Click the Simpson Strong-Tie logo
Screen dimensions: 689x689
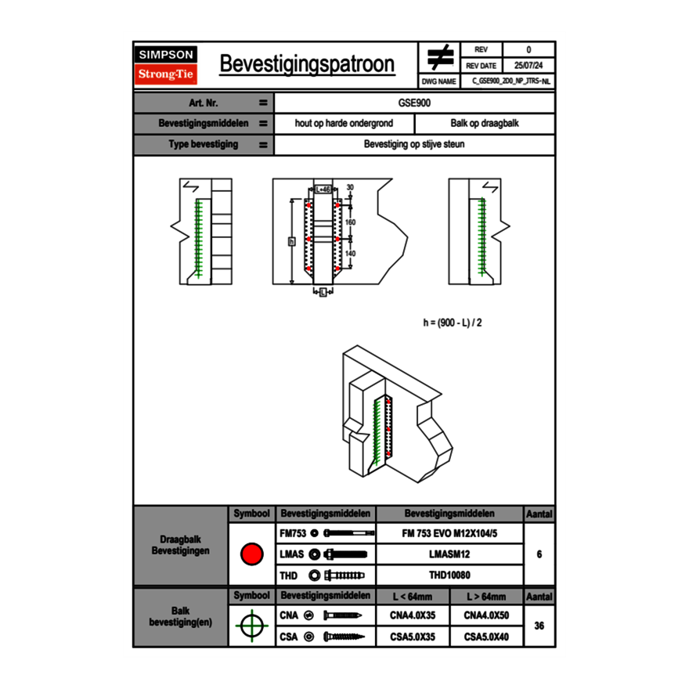pyautogui.click(x=166, y=65)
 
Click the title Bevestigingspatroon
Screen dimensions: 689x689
pyautogui.click(x=306, y=65)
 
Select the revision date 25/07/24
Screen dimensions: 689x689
pyautogui.click(x=528, y=66)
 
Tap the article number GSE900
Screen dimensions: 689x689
pyautogui.click(x=414, y=103)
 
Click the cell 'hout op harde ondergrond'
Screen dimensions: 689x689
pyautogui.click(x=344, y=124)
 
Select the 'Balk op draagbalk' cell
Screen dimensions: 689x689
pyautogui.click(x=484, y=124)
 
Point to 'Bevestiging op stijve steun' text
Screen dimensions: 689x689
pyautogui.click(x=414, y=145)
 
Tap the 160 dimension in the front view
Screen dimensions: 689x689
pyautogui.click(x=350, y=223)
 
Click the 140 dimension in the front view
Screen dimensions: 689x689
pyautogui.click(x=350, y=254)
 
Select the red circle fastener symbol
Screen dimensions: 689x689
pyautogui.click(x=251, y=554)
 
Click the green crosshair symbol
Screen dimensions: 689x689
pyautogui.click(x=251, y=626)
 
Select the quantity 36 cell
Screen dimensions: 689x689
pyautogui.click(x=539, y=626)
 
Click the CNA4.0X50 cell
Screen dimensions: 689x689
pyautogui.click(x=486, y=615)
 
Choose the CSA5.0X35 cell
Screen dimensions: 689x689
pyautogui.click(x=413, y=637)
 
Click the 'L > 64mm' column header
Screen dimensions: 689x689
pyautogui.click(x=486, y=596)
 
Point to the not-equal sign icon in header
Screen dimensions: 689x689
pyautogui.click(x=439, y=58)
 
